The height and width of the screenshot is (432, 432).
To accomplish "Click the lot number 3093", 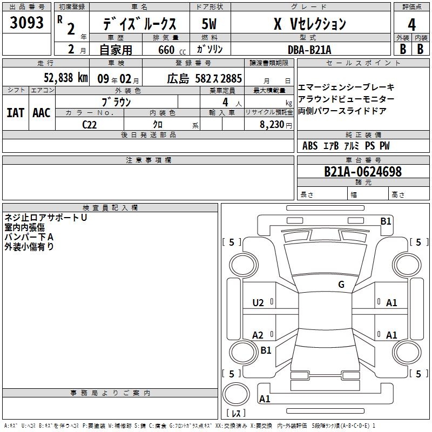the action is tap(26, 23).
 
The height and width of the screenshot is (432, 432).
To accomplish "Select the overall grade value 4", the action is tap(411, 25).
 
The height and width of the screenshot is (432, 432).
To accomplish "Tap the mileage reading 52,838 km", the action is tap(66, 78).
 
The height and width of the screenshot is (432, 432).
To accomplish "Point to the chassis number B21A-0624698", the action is tap(363, 172).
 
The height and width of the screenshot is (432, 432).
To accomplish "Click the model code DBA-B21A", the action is tap(309, 50).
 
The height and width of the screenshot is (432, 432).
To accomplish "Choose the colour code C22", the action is tap(89, 125).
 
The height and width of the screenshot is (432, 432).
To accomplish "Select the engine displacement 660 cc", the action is tap(172, 50).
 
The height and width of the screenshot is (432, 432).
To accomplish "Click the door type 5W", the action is tap(209, 24).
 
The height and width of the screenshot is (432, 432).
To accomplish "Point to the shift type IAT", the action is tap(16, 113).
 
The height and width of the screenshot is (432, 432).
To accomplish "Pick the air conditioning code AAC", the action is tap(42, 113).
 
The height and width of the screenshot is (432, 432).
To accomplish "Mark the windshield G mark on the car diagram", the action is tap(341, 285).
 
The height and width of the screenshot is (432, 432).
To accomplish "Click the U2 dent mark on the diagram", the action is tap(258, 303).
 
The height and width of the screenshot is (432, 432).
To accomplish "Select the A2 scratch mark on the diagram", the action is tap(258, 335).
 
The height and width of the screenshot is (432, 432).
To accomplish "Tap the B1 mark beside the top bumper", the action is tap(386, 221).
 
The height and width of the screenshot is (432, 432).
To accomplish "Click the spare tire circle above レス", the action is tap(236, 394).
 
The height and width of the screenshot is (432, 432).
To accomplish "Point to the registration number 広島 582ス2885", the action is tap(205, 78).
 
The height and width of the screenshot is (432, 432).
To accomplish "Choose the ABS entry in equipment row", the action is tap(310, 146).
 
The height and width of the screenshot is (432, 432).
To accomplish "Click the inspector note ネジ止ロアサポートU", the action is tap(46, 218).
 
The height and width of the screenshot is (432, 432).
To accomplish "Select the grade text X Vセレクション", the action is tap(310, 24).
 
